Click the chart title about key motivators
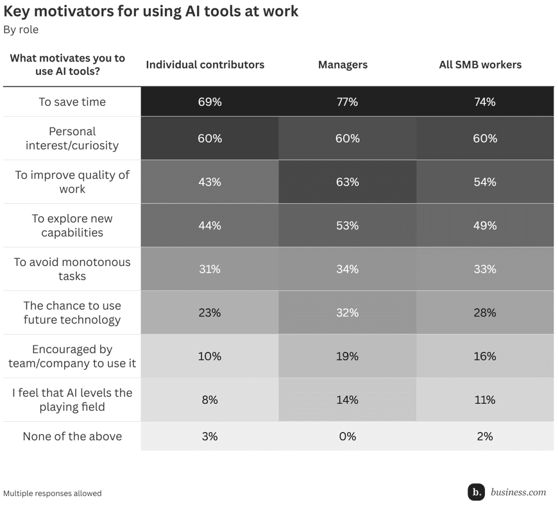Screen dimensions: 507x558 [x=151, y=12]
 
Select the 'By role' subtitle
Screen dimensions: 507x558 [x=21, y=29]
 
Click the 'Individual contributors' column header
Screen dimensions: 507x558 [x=205, y=65]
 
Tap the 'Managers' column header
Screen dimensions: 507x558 [x=342, y=65]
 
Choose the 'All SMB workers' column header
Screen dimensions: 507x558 [x=480, y=65]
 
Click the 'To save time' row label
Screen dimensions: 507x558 [x=72, y=102]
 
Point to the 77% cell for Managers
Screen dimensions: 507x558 [x=347, y=102]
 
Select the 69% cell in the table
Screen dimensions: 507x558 [x=210, y=102]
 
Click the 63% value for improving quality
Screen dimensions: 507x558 [x=347, y=182]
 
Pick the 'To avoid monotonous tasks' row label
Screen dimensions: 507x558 [x=72, y=269]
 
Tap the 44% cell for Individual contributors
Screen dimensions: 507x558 [x=210, y=226]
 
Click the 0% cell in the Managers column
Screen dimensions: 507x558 [x=347, y=436]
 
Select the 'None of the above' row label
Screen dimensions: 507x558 [x=72, y=436]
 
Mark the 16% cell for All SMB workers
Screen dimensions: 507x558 [x=485, y=356]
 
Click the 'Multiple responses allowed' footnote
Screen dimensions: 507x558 [x=53, y=494]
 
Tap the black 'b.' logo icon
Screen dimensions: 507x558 [x=476, y=492]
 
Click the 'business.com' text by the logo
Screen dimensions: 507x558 [x=518, y=492]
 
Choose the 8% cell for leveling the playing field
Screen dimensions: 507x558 [x=210, y=400]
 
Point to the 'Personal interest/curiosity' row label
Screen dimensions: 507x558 [x=72, y=138]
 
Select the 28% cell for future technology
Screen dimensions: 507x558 [x=485, y=313]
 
